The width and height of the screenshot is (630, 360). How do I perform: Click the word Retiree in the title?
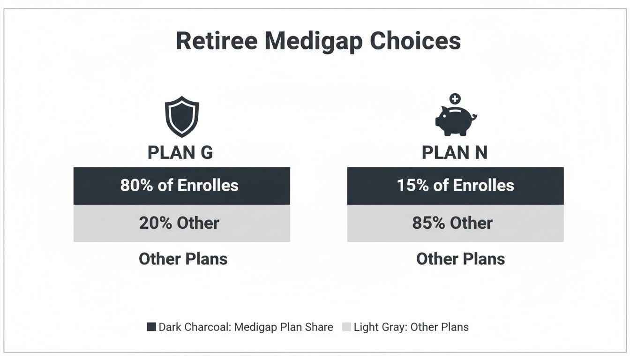217,41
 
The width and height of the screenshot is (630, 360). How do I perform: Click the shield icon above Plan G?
181,117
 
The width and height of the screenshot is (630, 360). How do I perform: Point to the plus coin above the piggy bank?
455,99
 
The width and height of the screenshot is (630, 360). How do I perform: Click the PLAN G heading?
180,153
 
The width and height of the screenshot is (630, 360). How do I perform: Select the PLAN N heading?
455,153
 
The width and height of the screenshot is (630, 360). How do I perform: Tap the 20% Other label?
179,223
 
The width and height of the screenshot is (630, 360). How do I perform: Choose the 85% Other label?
452,223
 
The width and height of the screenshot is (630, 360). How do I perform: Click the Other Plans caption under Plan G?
183,259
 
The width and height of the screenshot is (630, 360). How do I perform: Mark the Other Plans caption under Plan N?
460,259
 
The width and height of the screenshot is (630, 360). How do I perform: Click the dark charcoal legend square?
151,327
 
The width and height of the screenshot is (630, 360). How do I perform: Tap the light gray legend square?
346,327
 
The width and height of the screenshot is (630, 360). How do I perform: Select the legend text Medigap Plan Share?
284,327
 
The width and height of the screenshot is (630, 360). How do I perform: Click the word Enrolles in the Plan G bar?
208,186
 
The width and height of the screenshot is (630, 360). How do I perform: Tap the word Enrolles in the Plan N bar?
484,186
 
